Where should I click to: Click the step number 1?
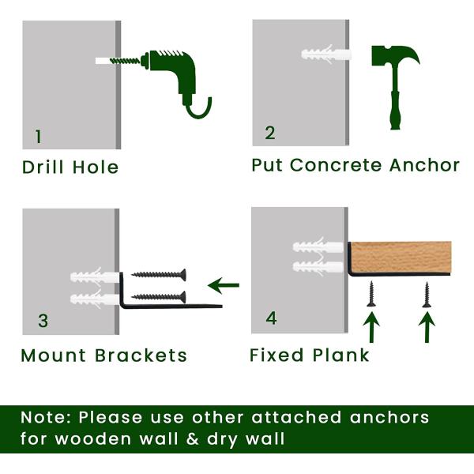click(x=38, y=137)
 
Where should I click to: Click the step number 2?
click(x=270, y=133)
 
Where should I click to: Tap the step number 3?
click(x=43, y=321)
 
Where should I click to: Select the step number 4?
click(x=271, y=318)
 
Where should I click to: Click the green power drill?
click(x=170, y=68)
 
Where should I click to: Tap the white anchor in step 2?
click(x=325, y=57)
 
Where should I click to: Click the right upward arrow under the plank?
click(x=427, y=326)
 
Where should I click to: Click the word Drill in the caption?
click(x=44, y=167)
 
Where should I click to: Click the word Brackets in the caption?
click(x=141, y=355)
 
